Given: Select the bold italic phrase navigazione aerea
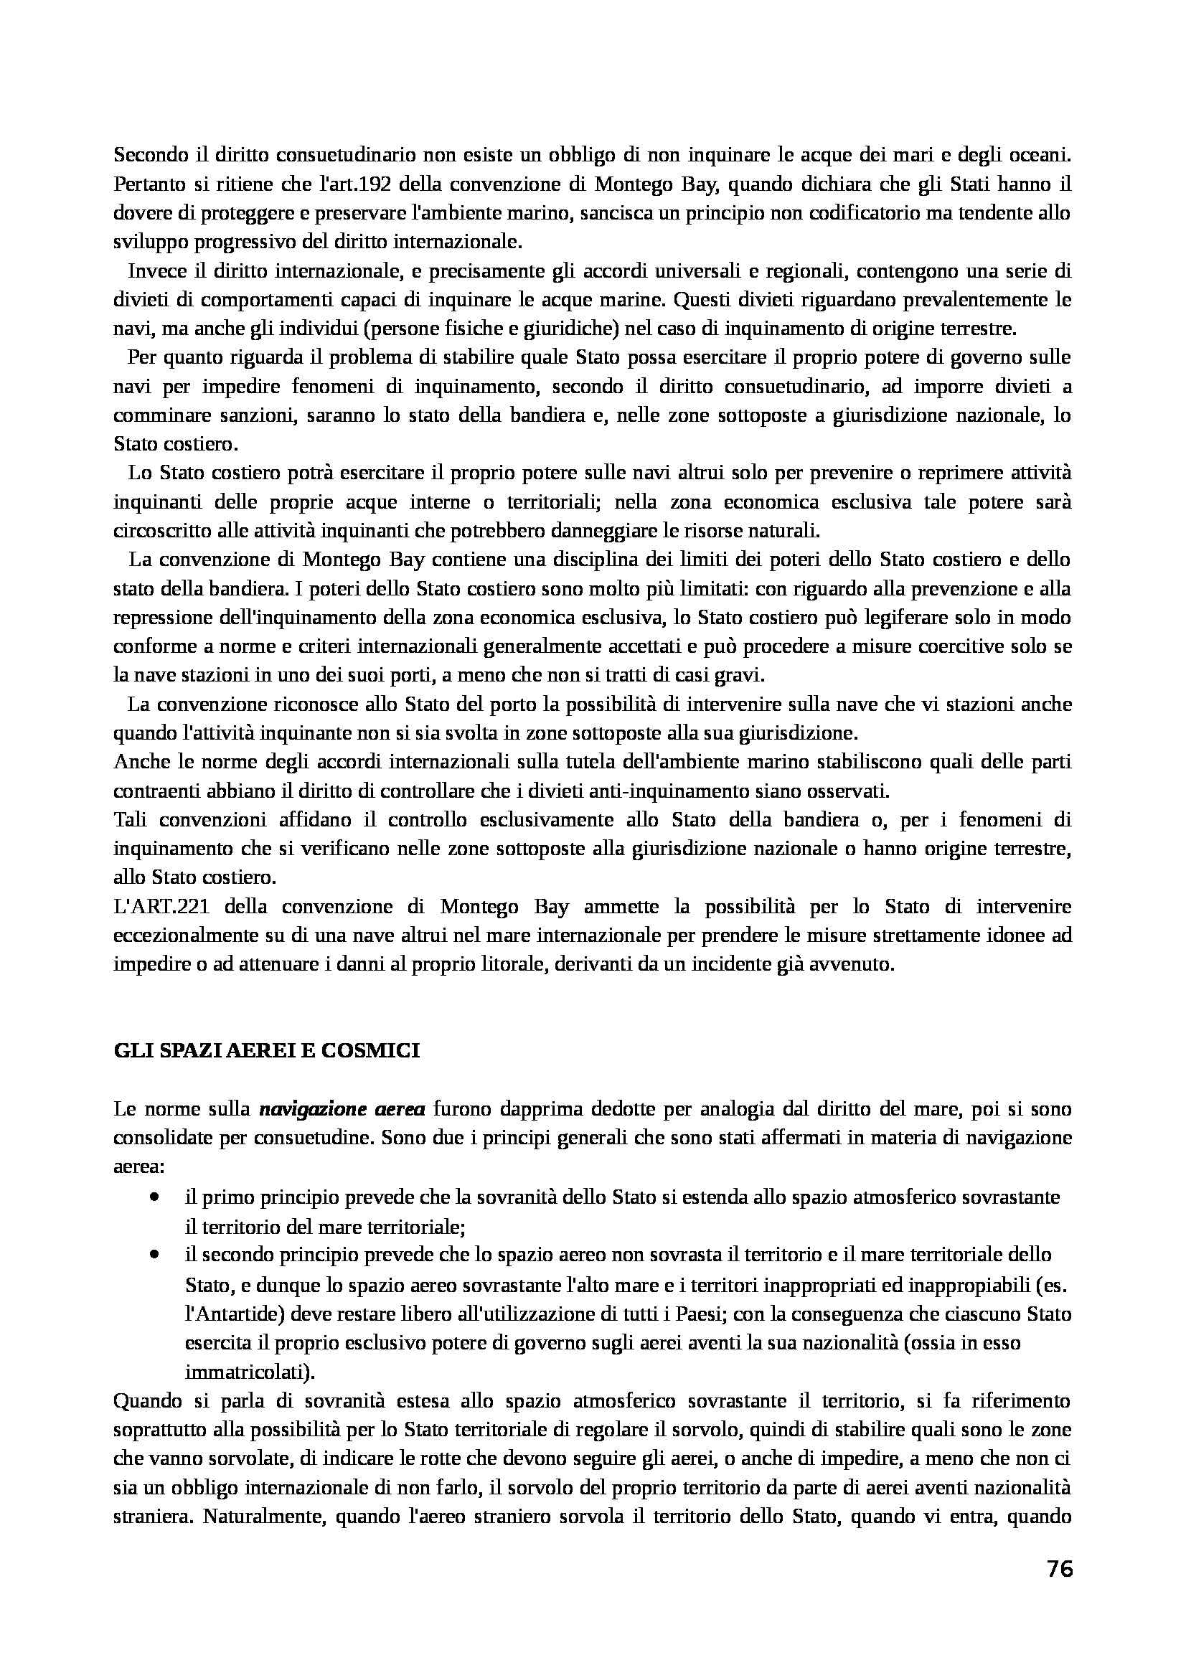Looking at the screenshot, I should coord(342,1108).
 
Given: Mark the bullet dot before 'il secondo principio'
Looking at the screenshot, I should coord(154,1255).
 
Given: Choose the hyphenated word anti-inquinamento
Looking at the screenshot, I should coord(664,791).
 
